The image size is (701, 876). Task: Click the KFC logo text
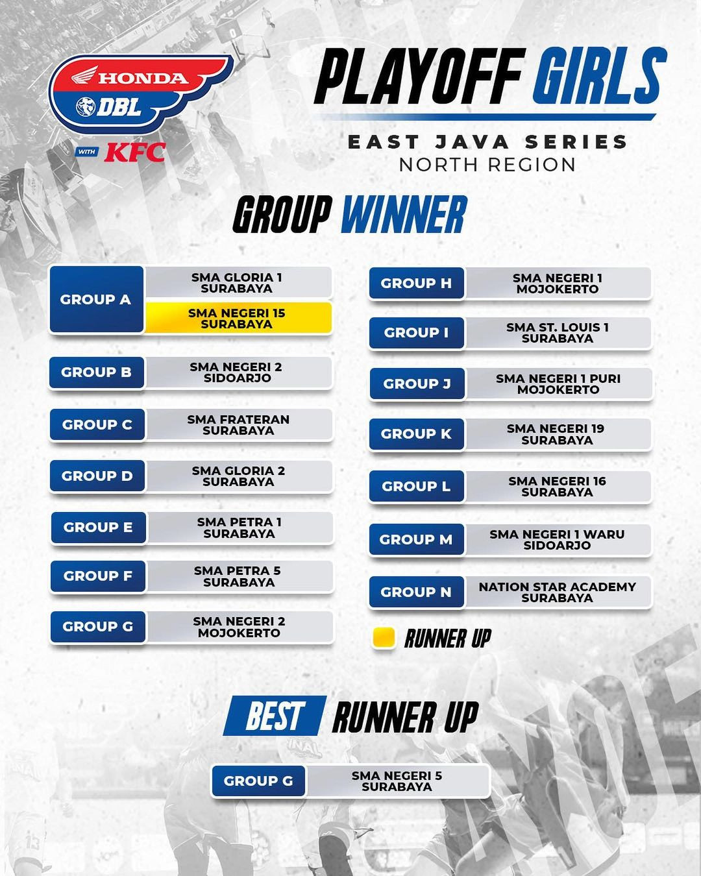pos(135,152)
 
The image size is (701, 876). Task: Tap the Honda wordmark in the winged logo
pos(143,78)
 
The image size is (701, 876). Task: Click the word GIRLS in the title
pos(599,76)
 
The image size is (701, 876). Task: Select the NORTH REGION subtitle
pos(487,165)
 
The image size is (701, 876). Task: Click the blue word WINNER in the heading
pos(404,214)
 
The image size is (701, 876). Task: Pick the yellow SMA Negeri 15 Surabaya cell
pos(238,319)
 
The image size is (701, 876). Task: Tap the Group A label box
pos(96,300)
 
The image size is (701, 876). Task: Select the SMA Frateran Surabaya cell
pos(239,424)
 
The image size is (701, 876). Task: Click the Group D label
pos(97,476)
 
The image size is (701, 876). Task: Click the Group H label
pos(416,284)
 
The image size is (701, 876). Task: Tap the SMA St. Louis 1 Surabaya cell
pos(558,333)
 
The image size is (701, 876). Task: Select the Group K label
pos(416,434)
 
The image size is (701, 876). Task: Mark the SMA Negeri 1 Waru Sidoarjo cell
pos(558,540)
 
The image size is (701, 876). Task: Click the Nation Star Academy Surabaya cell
pos(558,592)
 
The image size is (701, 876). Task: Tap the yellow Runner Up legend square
pos(384,639)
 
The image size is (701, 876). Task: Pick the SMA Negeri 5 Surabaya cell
pos(397,781)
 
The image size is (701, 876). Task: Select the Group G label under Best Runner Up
pos(258,781)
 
